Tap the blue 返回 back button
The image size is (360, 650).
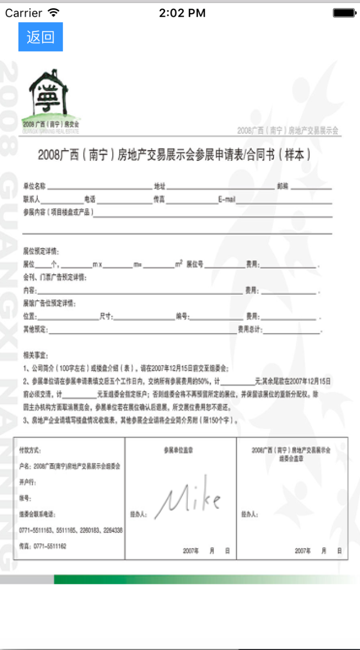41,37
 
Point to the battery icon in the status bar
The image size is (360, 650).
344,13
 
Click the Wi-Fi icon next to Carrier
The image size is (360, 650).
54,12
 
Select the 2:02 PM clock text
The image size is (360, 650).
182,13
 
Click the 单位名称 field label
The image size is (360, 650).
34,186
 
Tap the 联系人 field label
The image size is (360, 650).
31,199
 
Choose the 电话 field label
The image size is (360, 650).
89,199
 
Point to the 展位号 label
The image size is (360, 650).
195,265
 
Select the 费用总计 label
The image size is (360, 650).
250,329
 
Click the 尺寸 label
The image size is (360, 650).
106,316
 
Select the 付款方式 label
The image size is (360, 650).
30,450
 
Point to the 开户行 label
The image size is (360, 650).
27,482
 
